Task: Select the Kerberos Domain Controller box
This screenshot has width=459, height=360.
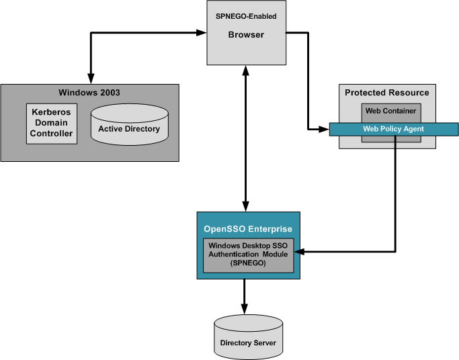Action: point(50,124)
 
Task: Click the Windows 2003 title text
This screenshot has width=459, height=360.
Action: point(89,91)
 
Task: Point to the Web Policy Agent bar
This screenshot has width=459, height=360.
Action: point(393,128)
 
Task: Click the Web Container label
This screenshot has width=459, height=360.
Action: point(390,110)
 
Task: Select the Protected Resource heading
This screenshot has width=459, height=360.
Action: point(386,93)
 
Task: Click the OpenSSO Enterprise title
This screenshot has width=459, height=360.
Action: point(249,229)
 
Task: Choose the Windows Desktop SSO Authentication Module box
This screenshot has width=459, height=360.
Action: point(249,255)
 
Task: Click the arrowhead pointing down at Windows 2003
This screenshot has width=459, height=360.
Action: point(89,78)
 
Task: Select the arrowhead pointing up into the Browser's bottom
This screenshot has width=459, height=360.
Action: point(246,71)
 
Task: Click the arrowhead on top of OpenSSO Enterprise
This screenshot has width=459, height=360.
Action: point(246,206)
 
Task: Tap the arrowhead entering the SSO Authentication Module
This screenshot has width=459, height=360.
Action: point(300,253)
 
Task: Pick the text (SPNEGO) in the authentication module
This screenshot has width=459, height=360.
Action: point(248,264)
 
